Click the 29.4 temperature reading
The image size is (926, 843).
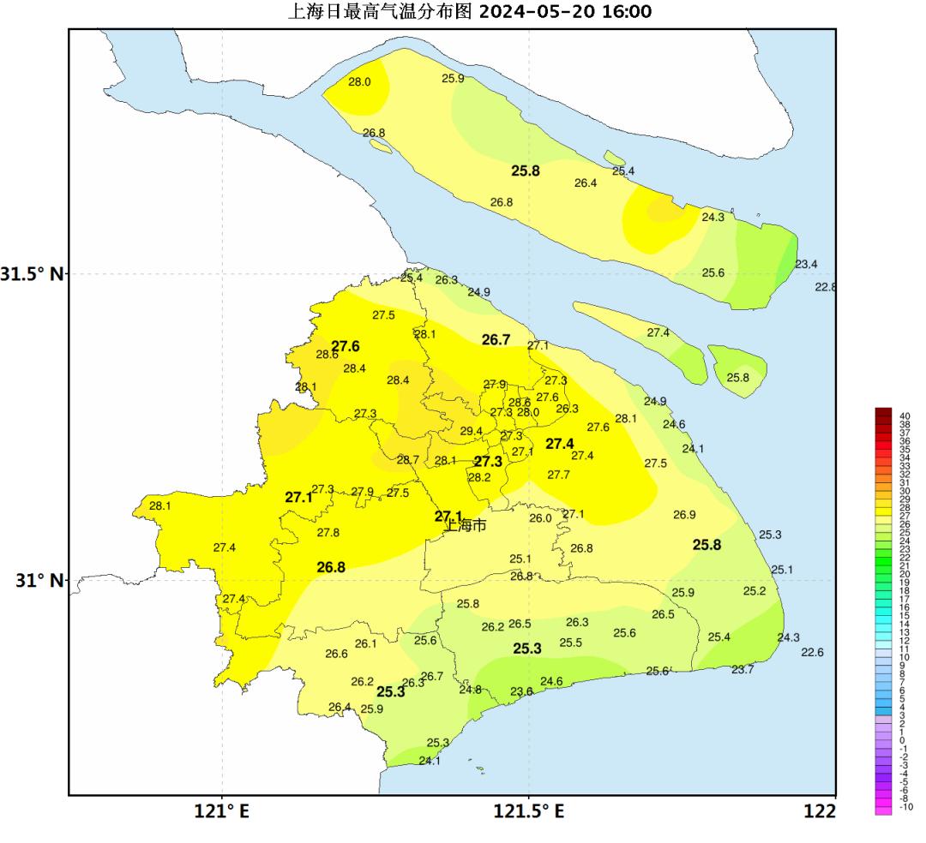click(472, 431)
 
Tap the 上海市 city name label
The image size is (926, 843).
click(465, 525)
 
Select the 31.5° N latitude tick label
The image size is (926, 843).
click(32, 274)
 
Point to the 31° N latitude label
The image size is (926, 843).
click(39, 580)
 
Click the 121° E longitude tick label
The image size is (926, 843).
click(221, 810)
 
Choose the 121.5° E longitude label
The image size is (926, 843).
click(528, 810)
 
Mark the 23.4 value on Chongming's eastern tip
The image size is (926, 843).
click(806, 264)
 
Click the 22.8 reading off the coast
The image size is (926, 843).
click(825, 287)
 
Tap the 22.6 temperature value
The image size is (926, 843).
click(812, 652)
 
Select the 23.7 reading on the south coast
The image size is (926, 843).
click(743, 669)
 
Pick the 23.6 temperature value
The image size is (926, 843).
click(521, 691)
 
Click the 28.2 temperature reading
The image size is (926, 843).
click(479, 477)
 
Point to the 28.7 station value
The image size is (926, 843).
click(408, 460)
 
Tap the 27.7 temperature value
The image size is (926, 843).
click(559, 475)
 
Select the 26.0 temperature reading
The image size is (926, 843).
click(540, 517)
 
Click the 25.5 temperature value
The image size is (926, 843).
click(571, 643)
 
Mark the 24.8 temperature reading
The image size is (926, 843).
click(470, 690)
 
